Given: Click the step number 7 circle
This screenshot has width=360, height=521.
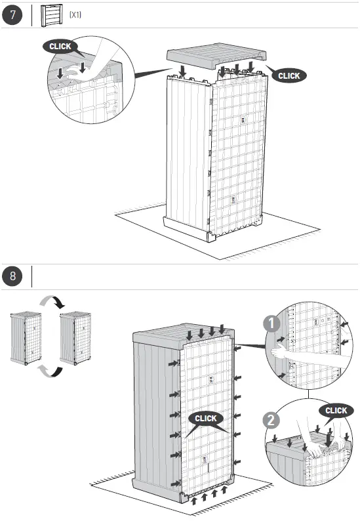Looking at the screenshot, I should [x=12, y=14].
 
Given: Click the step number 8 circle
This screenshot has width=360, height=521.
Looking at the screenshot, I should [x=12, y=276].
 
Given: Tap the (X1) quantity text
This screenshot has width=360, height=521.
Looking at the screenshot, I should [x=75, y=14].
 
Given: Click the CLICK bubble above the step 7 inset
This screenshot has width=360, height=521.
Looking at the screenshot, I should [x=60, y=47].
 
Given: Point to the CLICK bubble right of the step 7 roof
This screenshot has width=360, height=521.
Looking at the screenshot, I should [x=289, y=75].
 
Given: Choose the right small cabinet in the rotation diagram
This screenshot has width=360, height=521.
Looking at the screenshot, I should [x=73, y=338].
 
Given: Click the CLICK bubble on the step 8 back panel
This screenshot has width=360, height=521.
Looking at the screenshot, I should [x=205, y=418].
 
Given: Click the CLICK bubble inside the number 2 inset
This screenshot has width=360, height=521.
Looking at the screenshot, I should [x=336, y=410].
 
